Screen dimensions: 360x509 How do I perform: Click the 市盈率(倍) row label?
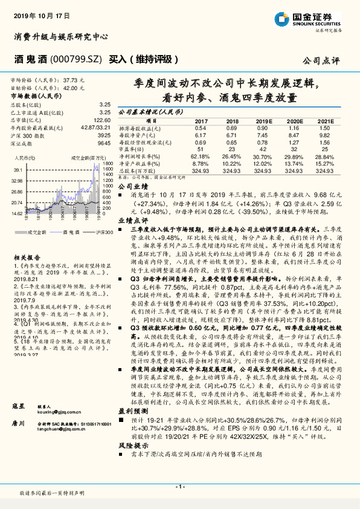(133, 148)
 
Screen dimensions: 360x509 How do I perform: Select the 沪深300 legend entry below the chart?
(104, 232)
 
